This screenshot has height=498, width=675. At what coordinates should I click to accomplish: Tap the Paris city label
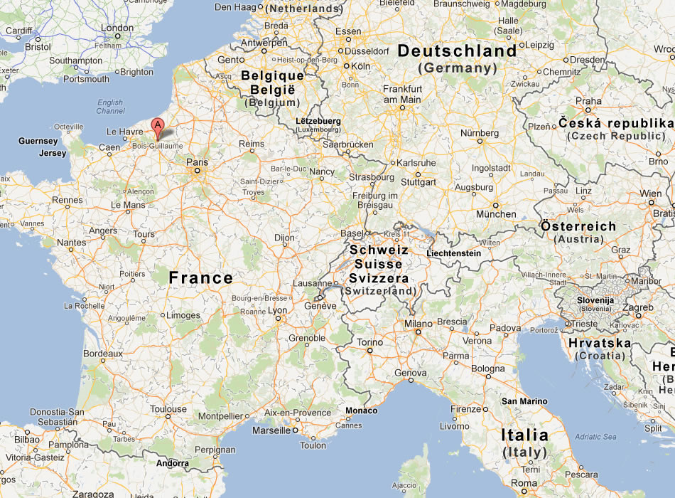tap(197, 162)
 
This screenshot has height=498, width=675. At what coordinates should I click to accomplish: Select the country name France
tap(200, 277)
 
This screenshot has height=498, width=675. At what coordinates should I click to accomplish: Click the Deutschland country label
tap(457, 51)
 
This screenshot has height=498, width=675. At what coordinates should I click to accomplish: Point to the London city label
tap(117, 28)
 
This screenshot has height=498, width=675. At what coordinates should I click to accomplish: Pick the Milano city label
tap(418, 324)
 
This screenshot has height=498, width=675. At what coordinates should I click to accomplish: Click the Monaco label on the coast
tap(362, 410)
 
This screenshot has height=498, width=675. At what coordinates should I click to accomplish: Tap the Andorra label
tap(173, 463)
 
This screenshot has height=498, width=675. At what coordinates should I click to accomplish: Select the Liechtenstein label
tap(453, 253)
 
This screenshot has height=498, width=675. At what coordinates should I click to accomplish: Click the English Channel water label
tap(110, 107)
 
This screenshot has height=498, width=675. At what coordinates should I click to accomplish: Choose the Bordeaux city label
tap(103, 353)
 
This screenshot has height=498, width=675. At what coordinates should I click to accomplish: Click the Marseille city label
tap(271, 430)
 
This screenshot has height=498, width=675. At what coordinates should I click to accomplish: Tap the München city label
tap(496, 214)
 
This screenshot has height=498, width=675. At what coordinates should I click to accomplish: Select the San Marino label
tap(524, 401)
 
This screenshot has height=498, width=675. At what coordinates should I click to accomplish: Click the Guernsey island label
tap(38, 142)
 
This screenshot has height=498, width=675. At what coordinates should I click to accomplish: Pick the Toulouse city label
tap(168, 409)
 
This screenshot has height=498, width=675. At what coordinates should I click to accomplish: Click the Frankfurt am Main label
tap(403, 94)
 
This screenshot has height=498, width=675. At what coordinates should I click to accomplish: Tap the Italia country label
tap(524, 435)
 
